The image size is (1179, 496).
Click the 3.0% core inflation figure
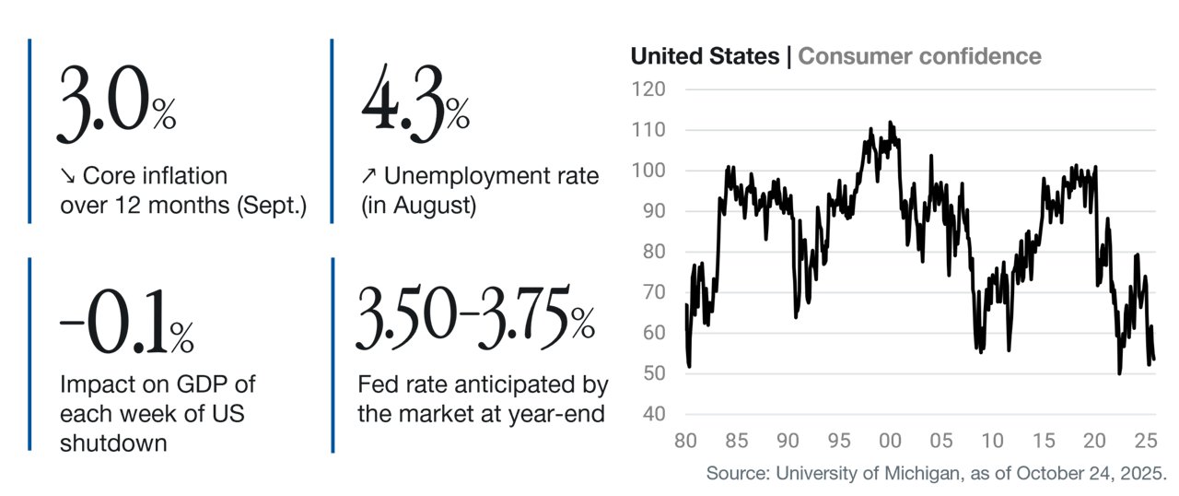116,103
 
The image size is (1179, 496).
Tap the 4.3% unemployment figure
415,103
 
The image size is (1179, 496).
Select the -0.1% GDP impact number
127,321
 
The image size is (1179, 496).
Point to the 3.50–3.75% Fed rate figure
476,317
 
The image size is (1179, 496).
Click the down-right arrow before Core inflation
68,175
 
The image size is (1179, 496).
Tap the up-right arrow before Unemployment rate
369,175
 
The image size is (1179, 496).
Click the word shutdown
113,443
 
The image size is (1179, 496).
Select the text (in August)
418,206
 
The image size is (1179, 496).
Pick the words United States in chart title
705,56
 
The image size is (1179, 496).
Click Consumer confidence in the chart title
919,56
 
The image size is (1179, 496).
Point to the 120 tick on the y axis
648,89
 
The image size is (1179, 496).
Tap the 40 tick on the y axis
654,414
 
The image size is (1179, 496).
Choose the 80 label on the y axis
654,252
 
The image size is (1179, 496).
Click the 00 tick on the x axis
890,441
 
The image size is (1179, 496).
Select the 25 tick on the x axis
1146,441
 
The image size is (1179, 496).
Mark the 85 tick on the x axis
736,441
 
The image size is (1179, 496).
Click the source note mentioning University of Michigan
937,473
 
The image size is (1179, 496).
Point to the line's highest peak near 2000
890,123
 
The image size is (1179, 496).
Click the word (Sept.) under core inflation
272,206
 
